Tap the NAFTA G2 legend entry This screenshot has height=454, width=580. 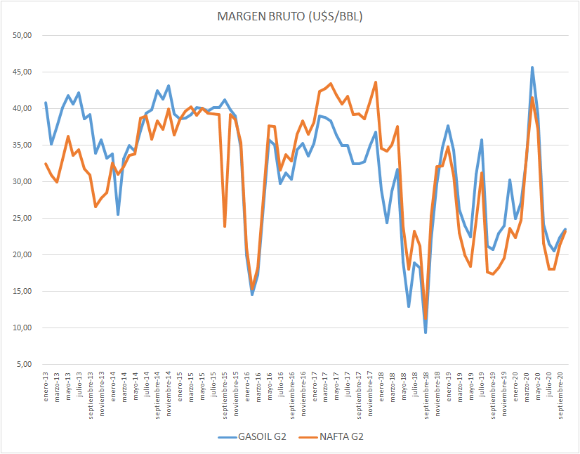(x=339, y=436)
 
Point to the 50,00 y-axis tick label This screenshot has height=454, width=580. (x=25, y=35)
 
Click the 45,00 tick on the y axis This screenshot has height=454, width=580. (x=25, y=72)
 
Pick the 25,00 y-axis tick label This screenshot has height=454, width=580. (x=25, y=218)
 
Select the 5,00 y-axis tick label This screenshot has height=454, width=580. (x=26, y=364)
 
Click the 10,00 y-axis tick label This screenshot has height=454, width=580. (x=25, y=327)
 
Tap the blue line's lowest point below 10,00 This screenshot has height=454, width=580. (x=426, y=332)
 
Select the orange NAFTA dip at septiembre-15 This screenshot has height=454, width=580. (x=225, y=226)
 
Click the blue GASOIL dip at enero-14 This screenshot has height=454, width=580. (x=118, y=214)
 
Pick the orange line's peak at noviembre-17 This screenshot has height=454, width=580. (x=376, y=82)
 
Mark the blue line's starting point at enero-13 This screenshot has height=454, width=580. (x=46, y=103)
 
